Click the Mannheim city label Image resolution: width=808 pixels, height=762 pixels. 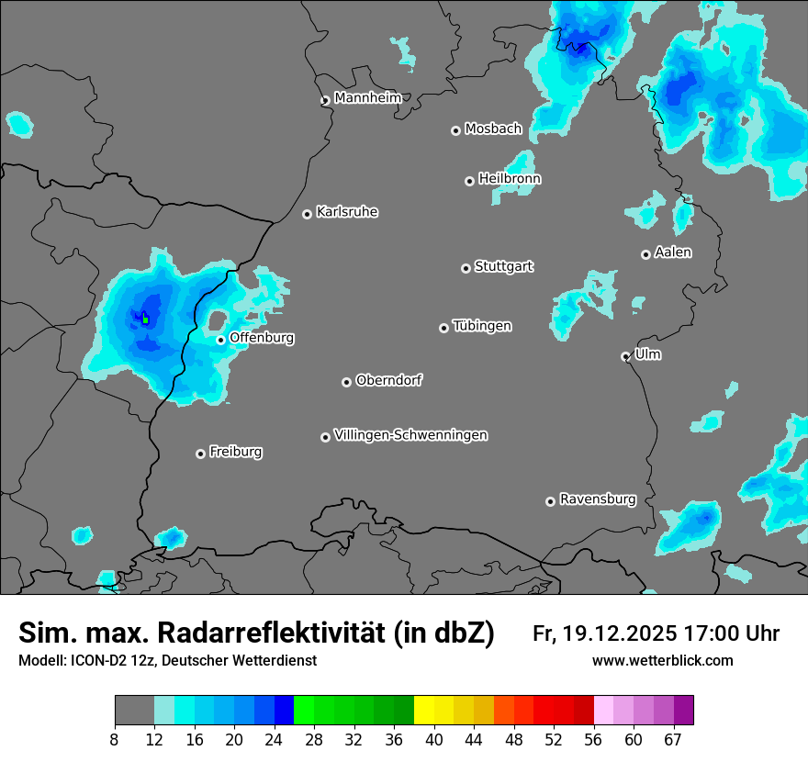(x=367, y=97)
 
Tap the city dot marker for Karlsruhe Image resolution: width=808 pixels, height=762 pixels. (x=308, y=214)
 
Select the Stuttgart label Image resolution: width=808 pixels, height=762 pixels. (x=504, y=266)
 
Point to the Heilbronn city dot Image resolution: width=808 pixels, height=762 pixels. (x=469, y=181)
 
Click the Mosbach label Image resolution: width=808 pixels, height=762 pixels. (x=493, y=129)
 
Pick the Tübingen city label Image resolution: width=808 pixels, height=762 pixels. (x=482, y=326)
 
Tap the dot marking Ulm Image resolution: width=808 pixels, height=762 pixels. (x=625, y=356)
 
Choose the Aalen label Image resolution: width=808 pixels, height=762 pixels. (x=673, y=252)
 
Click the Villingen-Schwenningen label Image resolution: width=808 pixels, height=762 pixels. (x=411, y=435)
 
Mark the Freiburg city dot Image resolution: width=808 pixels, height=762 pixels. (x=200, y=454)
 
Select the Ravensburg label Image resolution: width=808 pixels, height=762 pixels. (x=598, y=499)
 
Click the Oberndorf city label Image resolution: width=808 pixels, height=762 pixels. (x=389, y=380)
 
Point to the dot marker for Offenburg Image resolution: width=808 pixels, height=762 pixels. (x=220, y=340)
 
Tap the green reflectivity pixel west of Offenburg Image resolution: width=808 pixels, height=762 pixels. (x=145, y=319)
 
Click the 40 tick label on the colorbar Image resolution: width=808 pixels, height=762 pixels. (x=433, y=740)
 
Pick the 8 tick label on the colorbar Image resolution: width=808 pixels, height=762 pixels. (x=114, y=740)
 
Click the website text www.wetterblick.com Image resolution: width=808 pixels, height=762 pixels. (x=662, y=660)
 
